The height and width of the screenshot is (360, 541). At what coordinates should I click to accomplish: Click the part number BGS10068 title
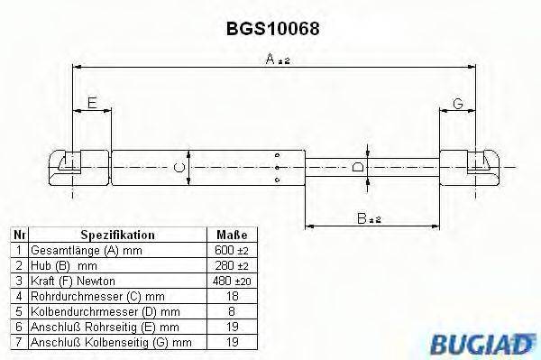pos(273,28)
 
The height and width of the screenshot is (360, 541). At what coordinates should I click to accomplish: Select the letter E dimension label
pos(92,105)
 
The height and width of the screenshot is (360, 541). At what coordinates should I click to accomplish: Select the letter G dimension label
pos(458,105)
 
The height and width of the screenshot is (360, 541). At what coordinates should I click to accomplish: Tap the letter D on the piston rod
pos(358,167)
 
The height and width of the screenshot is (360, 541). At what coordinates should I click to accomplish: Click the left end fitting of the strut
pos(70,165)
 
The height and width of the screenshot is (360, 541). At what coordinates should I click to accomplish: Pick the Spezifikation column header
pos(117,235)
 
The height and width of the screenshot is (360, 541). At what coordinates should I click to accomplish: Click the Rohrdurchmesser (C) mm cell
pos(88,296)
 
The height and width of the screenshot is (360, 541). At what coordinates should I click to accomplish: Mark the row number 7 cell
pos(17,342)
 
